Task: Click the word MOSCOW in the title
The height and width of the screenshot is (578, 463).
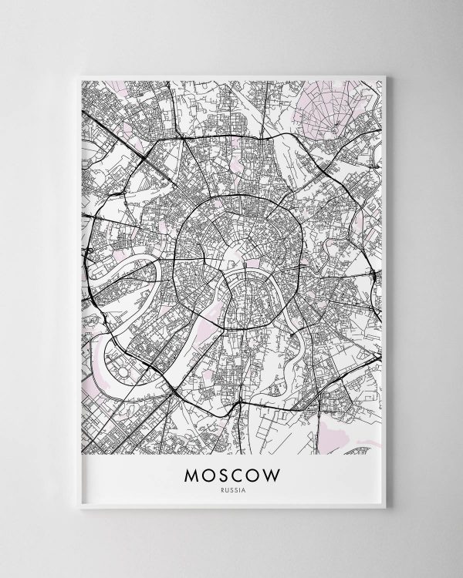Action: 232,469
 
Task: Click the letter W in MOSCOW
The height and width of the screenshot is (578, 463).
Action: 275,469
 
